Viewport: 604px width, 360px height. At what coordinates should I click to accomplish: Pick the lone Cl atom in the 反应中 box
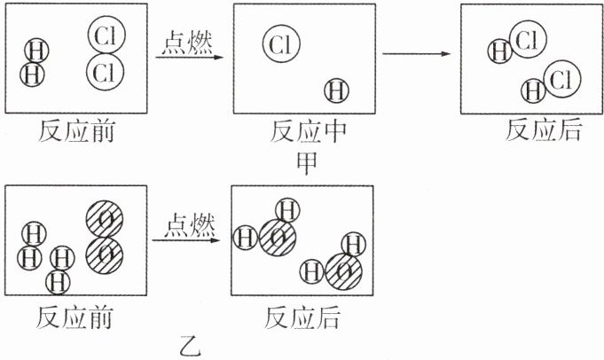(x=281, y=43)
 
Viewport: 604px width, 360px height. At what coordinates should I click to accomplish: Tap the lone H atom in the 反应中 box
(x=337, y=90)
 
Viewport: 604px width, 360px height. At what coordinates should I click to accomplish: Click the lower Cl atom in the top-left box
(x=106, y=71)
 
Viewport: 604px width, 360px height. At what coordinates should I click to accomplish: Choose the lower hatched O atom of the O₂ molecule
(x=105, y=254)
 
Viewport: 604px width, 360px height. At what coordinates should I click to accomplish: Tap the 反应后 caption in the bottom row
(x=302, y=317)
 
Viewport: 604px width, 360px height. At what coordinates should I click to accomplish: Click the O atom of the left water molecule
(x=278, y=237)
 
